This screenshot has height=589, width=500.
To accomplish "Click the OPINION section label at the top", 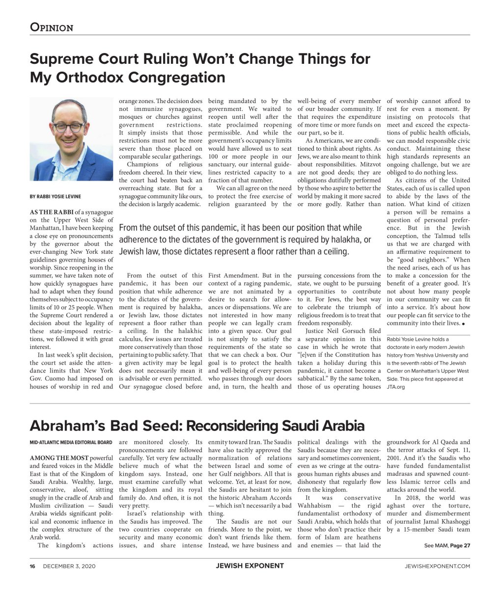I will pyautogui.click(x=52, y=27).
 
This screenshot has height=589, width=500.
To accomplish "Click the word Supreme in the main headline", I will pyautogui.click(x=62, y=59).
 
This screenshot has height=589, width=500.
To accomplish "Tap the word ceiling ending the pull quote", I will pyautogui.click(x=333, y=252).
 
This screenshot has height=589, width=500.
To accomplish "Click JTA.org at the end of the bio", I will pyautogui.click(x=396, y=387).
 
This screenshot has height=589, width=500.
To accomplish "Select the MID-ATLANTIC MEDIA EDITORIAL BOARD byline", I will pyautogui.click(x=71, y=442).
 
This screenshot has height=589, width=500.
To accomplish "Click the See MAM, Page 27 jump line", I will pyautogui.click(x=447, y=545).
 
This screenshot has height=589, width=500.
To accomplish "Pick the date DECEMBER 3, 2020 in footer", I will pyautogui.click(x=69, y=566).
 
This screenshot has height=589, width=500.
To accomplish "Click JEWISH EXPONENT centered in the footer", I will pyautogui.click(x=250, y=566).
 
